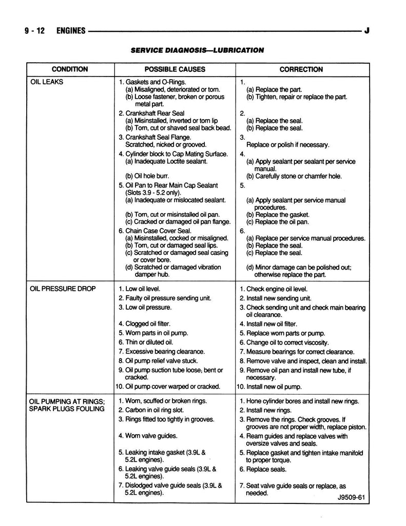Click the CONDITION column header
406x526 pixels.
(70, 69)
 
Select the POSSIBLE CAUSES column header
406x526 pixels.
(175, 69)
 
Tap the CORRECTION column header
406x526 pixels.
(301, 69)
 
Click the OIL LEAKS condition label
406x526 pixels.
(46, 82)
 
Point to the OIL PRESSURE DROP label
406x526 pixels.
(63, 289)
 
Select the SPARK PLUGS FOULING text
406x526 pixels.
(67, 409)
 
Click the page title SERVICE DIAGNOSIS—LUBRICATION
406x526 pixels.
(197, 50)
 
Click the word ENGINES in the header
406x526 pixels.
(71, 31)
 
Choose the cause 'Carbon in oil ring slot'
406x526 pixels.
(154, 410)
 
